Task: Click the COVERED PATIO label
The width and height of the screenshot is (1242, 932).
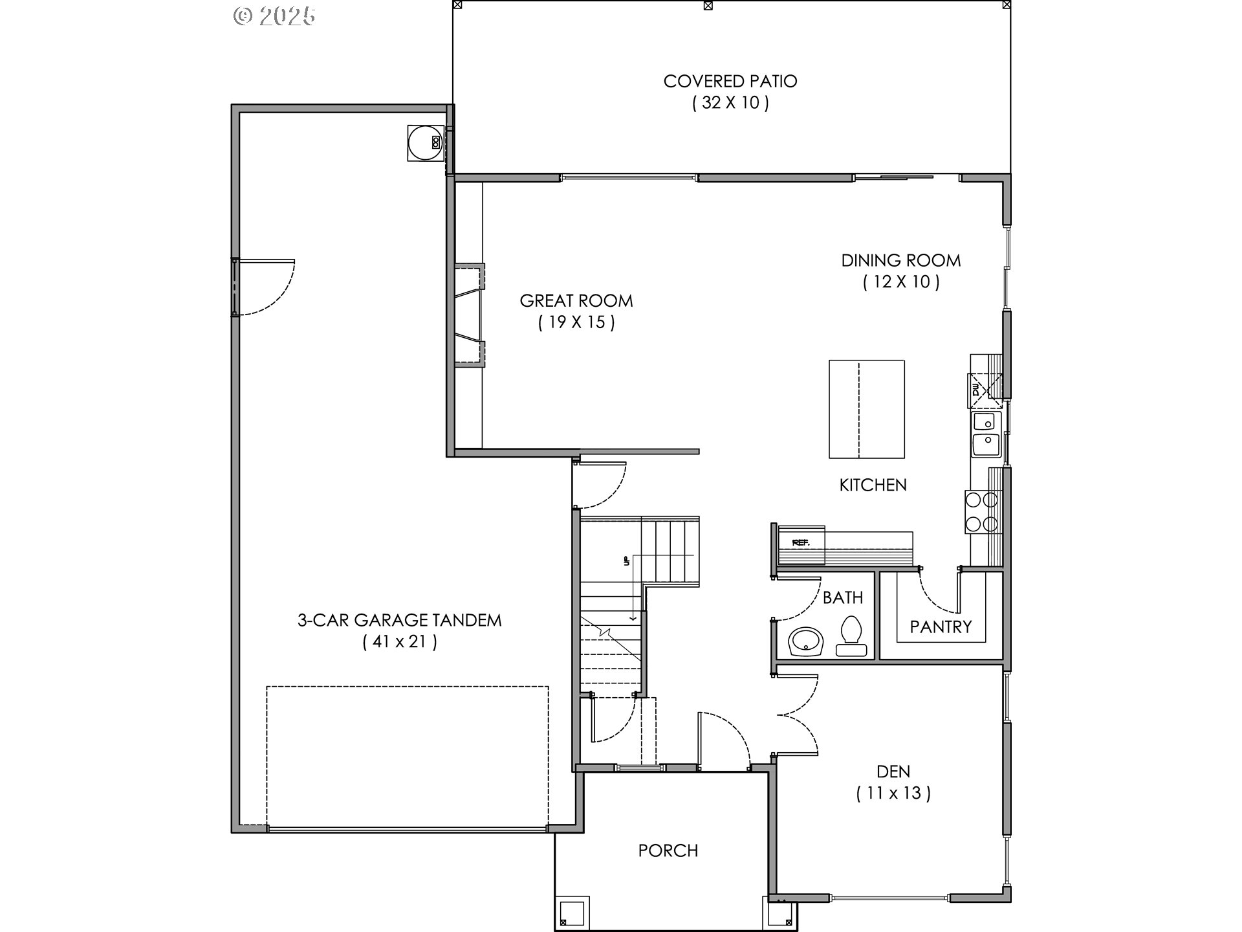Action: [730, 82]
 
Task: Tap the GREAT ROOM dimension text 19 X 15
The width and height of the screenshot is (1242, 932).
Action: [576, 322]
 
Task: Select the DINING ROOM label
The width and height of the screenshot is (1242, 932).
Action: [900, 261]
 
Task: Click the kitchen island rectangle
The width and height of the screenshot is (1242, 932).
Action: [866, 408]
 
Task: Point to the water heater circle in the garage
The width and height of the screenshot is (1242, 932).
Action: [425, 142]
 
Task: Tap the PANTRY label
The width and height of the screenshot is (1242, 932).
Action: [941, 627]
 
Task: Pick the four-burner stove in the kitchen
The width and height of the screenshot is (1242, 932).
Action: [983, 511]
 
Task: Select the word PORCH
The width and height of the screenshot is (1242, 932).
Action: [668, 850]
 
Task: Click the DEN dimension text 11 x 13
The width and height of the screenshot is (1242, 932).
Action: [893, 793]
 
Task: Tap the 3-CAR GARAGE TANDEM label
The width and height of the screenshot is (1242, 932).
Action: [399, 620]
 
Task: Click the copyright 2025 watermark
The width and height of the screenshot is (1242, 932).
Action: [274, 16]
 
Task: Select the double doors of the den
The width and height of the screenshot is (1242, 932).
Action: [799, 715]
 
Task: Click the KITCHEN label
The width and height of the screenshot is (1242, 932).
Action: [873, 485]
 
